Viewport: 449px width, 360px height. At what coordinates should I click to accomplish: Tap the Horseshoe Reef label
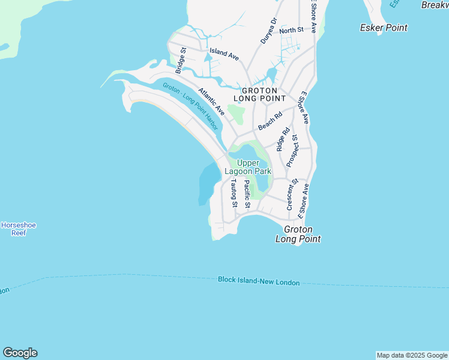(x=19, y=229)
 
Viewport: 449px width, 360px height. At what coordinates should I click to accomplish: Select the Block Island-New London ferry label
(x=258, y=281)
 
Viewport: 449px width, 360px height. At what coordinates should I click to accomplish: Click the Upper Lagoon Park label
(x=248, y=167)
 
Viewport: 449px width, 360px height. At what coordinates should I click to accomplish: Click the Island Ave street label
(x=224, y=53)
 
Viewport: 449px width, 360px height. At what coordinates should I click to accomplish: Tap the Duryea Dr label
(x=268, y=30)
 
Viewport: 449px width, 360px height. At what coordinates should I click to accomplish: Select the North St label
(x=291, y=30)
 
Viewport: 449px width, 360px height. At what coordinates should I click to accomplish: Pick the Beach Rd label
(x=270, y=121)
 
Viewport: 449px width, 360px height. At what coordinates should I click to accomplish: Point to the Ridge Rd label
(x=282, y=139)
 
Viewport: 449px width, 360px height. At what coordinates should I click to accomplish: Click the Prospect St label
(x=292, y=151)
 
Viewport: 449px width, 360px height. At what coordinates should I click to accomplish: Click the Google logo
(x=20, y=353)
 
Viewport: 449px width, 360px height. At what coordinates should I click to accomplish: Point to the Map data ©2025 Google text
(x=412, y=355)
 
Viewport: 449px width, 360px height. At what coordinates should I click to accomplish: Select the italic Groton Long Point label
(x=298, y=234)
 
